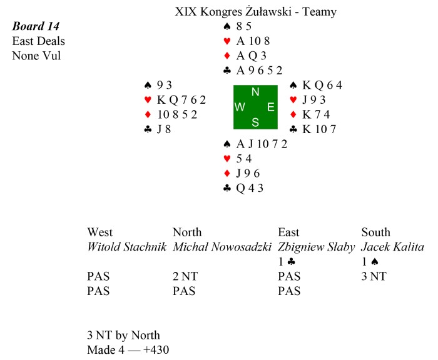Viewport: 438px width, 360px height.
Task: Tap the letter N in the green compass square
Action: (255, 92)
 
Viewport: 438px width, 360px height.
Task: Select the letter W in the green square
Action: (240, 107)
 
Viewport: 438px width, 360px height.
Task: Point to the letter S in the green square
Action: (255, 122)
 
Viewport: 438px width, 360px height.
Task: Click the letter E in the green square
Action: (270, 107)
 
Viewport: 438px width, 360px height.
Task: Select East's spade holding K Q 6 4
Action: (317, 85)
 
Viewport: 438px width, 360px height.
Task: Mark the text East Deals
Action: (39, 41)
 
